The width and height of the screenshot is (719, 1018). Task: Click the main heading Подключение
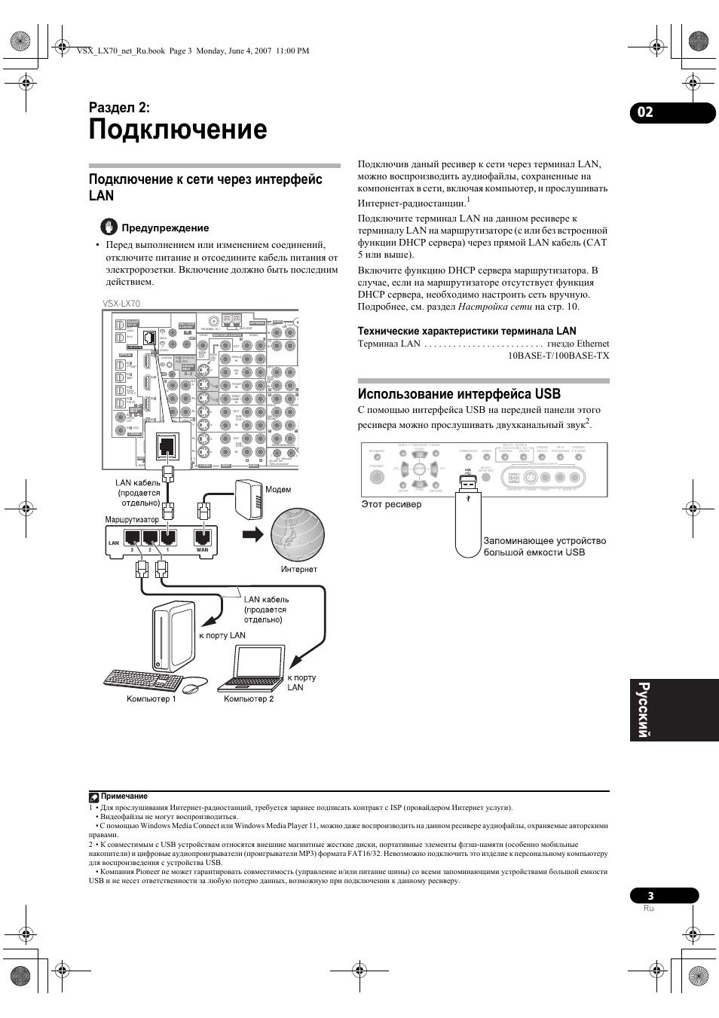(x=178, y=130)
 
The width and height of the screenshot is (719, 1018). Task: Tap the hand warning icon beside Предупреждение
(x=110, y=227)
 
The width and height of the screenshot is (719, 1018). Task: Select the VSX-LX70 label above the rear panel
(x=121, y=304)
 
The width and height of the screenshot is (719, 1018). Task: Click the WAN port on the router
(x=202, y=538)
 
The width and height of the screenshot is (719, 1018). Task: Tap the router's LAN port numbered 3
(x=131, y=538)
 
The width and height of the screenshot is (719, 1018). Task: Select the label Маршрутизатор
(x=132, y=519)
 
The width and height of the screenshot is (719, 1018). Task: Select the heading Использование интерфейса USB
(x=459, y=393)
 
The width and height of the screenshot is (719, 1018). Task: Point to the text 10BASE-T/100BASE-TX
(x=558, y=355)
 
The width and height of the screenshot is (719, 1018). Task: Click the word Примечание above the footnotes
(x=124, y=796)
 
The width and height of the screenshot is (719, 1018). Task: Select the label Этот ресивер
(x=391, y=504)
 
